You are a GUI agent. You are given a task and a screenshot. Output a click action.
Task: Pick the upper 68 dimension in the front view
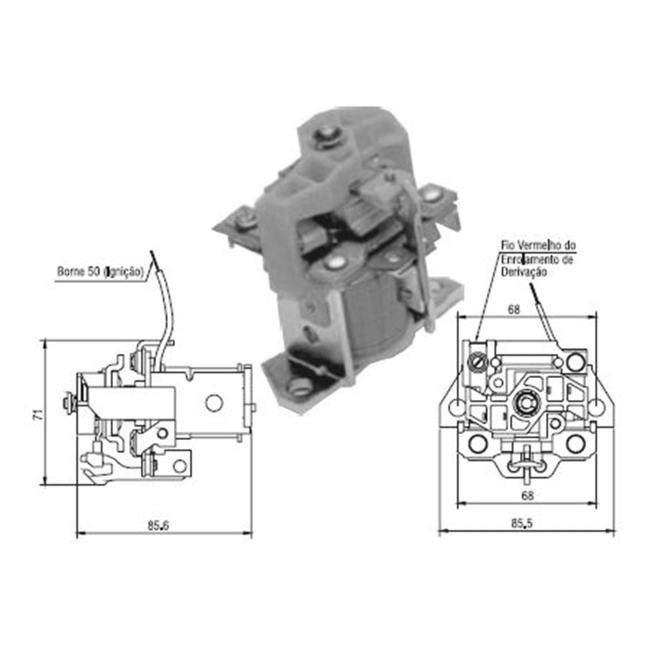513,309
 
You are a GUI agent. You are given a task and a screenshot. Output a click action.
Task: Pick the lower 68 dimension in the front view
527,495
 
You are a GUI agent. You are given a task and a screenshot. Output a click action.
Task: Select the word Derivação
521,273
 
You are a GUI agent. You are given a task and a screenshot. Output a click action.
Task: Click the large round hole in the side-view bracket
214,402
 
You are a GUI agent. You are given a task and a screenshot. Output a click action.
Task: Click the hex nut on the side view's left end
67,404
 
